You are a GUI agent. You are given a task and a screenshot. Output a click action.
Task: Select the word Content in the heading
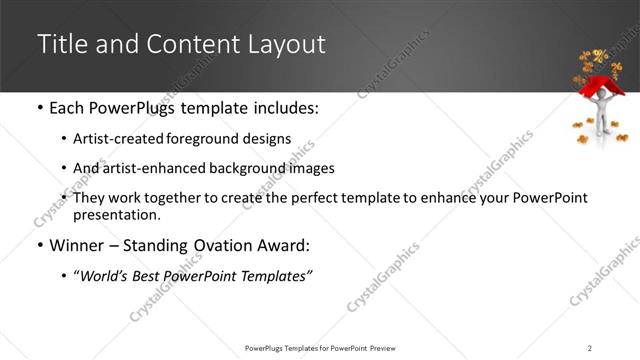pos(186,44)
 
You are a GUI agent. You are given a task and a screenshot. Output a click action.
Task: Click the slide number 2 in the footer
pos(590,347)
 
